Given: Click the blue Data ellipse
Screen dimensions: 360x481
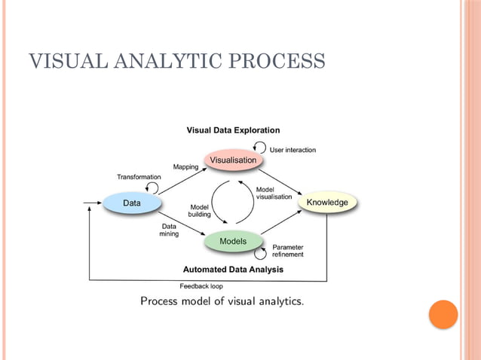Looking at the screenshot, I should (x=132, y=203).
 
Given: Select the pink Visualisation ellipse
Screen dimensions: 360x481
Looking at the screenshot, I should (x=233, y=160).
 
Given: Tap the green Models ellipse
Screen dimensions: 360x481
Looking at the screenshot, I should (x=233, y=241).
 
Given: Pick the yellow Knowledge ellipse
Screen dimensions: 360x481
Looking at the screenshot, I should (x=327, y=202).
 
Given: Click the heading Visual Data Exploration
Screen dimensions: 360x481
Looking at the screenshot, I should (x=233, y=130).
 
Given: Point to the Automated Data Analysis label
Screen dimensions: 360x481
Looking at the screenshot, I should (x=233, y=269).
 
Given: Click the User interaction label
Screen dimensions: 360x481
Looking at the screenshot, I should (x=293, y=150).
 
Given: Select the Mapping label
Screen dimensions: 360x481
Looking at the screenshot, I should (x=186, y=166).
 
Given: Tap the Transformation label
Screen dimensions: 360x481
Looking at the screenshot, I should (x=139, y=176).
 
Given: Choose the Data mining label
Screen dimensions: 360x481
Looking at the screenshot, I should (x=169, y=230).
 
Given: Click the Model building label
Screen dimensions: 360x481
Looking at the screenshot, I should (x=200, y=210).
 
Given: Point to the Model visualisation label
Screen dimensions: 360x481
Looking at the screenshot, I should (x=274, y=193).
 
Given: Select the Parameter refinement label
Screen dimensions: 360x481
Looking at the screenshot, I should (x=288, y=250).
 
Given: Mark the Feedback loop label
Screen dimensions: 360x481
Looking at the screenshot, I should (x=201, y=286).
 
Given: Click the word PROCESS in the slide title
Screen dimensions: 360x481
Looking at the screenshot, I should (x=276, y=61).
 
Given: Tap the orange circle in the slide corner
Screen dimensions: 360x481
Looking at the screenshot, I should (x=443, y=314).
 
